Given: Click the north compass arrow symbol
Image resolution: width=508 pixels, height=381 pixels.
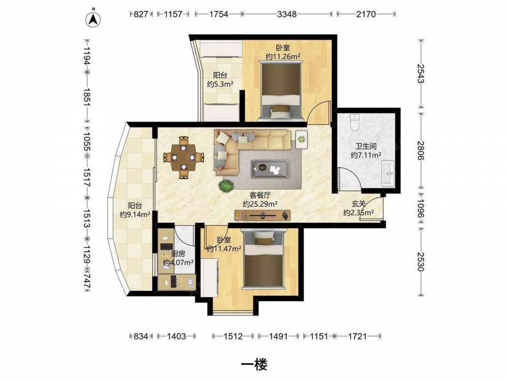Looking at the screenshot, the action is (x=93, y=19).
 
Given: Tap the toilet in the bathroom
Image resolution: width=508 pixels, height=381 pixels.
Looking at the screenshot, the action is (x=355, y=122).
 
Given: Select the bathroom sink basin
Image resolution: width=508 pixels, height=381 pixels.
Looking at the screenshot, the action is (x=388, y=173).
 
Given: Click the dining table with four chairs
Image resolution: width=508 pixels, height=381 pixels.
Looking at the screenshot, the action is (x=184, y=157).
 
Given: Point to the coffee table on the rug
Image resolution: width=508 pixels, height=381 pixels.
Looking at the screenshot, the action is (x=271, y=169).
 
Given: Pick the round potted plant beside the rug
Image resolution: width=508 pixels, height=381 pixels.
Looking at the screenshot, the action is (x=226, y=186).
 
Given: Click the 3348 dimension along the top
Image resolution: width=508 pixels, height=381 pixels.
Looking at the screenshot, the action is (x=287, y=14).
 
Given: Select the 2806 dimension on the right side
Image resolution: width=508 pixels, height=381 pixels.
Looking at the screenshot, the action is (x=421, y=150).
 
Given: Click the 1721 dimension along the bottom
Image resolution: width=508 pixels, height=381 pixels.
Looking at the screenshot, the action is (x=357, y=336).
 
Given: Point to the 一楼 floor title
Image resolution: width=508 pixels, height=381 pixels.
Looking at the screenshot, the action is (x=254, y=365).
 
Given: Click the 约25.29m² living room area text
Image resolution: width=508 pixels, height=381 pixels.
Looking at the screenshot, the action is (x=260, y=204).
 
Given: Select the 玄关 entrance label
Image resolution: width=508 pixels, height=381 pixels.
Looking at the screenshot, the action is (x=359, y=204).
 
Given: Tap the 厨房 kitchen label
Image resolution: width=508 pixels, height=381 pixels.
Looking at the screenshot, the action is (x=178, y=254).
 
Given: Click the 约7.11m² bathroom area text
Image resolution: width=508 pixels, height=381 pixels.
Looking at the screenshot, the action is (x=366, y=155).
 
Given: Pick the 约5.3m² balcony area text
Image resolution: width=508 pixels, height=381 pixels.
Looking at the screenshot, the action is (x=220, y=84).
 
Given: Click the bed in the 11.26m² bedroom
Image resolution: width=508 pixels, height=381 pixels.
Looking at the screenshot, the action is (x=281, y=91).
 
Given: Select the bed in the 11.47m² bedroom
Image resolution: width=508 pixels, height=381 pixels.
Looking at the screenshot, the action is (x=264, y=258).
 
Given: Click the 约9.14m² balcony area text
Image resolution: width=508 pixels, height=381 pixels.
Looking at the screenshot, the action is (x=135, y=214).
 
